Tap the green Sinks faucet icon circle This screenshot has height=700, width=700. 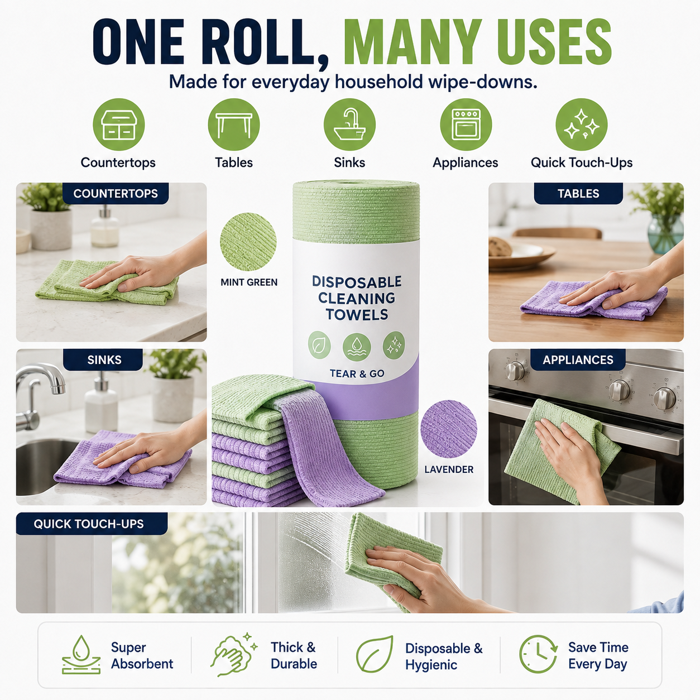pyautogui.click(x=349, y=124)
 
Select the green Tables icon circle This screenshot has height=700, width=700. pyautogui.click(x=233, y=124)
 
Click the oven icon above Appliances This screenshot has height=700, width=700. pyautogui.click(x=466, y=124)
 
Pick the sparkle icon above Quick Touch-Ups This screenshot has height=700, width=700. pyautogui.click(x=581, y=124)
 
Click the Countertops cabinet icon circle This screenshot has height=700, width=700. pyautogui.click(x=118, y=124)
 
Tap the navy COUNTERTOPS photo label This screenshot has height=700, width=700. pyautogui.click(x=116, y=193)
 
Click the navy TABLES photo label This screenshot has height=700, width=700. pyautogui.click(x=578, y=193)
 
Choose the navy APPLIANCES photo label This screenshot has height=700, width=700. pyautogui.click(x=578, y=359)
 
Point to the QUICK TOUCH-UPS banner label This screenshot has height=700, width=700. pyautogui.click(x=92, y=524)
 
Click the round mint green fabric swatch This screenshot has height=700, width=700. pyautogui.click(x=248, y=242)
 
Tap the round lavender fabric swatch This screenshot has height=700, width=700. pyautogui.click(x=448, y=429)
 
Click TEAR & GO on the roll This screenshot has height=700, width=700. pyautogui.click(x=357, y=373)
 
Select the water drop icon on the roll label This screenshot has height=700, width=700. pyautogui.click(x=357, y=346)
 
